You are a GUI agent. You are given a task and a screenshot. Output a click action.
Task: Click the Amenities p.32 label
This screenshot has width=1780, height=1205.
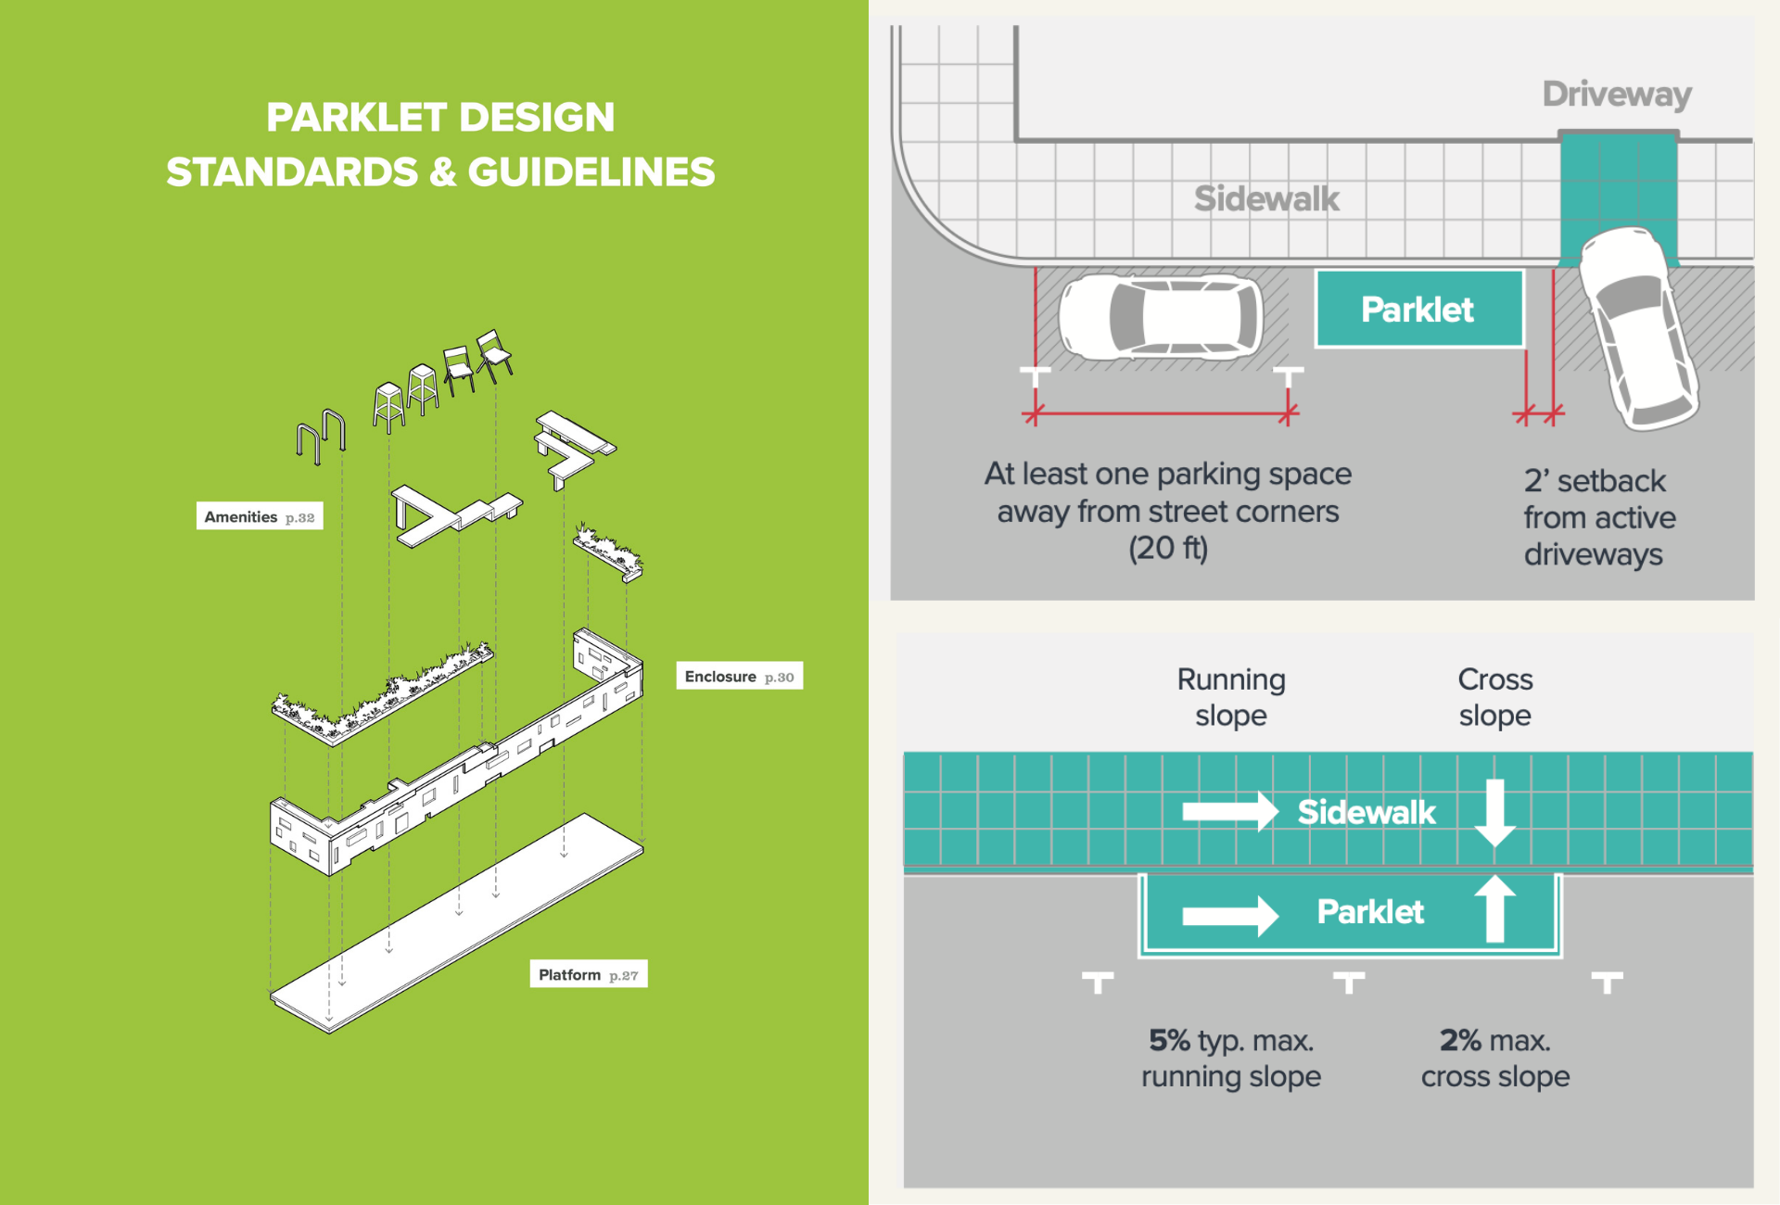pyautogui.click(x=260, y=516)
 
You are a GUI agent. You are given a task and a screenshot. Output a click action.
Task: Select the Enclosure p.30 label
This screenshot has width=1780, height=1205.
pyautogui.click(x=739, y=677)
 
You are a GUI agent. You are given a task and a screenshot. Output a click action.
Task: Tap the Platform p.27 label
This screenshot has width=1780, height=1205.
pyautogui.click(x=588, y=974)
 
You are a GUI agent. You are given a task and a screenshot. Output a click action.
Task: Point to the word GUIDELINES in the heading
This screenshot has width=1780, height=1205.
pyautogui.click(x=591, y=172)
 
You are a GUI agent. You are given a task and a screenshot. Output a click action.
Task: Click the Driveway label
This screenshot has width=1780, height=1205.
pyautogui.click(x=1617, y=94)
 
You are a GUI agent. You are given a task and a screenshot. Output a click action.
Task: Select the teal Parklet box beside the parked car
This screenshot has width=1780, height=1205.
pyautogui.click(x=1418, y=310)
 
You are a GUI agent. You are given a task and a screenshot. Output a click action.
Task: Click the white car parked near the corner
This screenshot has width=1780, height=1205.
pyautogui.click(x=1161, y=317)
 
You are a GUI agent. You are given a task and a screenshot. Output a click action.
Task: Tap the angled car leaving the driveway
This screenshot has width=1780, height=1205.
pyautogui.click(x=1636, y=328)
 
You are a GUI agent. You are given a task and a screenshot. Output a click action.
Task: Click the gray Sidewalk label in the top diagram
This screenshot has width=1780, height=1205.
pyautogui.click(x=1266, y=198)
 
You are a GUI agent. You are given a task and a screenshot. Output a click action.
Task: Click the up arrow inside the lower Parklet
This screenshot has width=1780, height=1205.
pyautogui.click(x=1494, y=908)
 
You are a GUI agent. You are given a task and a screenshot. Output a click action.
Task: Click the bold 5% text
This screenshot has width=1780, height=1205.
pyautogui.click(x=1169, y=1040)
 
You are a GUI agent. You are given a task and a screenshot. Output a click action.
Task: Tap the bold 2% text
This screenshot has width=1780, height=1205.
pyautogui.click(x=1460, y=1040)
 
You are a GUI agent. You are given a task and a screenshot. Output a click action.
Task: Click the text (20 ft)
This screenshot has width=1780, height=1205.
pyautogui.click(x=1168, y=548)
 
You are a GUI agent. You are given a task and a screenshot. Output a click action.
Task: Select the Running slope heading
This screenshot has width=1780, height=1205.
pyautogui.click(x=1231, y=697)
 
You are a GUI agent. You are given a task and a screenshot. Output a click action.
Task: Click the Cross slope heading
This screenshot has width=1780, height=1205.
pyautogui.click(x=1495, y=697)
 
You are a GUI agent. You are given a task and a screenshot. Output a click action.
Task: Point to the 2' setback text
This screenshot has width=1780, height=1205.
pyautogui.click(x=1595, y=481)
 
